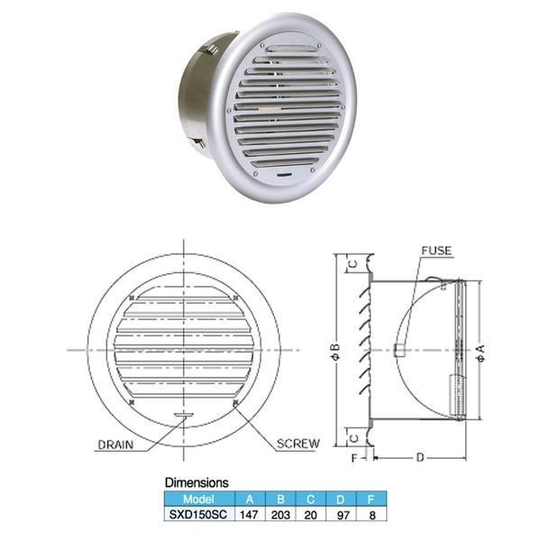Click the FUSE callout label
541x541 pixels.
coord(436,251)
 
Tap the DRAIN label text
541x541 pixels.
coord(115,445)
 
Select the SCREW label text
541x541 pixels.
coord(298,444)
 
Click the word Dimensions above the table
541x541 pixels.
coord(197,482)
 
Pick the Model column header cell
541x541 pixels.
coord(199,499)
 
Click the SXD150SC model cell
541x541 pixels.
coord(198,515)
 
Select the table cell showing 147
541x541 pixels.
coord(249,515)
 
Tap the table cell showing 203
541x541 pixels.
coord(280,515)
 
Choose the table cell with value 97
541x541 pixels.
coord(343,515)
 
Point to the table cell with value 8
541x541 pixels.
coord(371,515)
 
